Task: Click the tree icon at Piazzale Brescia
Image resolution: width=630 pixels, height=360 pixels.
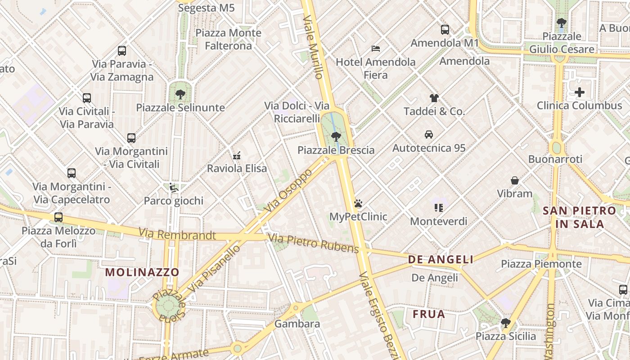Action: click(335, 136)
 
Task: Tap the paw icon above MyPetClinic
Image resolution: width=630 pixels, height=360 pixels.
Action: click(358, 203)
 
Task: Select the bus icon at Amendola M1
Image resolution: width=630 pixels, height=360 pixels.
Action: click(445, 30)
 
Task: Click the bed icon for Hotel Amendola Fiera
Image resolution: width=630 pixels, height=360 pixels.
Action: click(376, 49)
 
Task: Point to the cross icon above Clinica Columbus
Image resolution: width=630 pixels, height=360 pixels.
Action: click(580, 93)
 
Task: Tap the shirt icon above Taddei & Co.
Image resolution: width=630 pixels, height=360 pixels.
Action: click(434, 98)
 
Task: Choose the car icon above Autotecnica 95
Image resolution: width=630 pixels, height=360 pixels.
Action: click(429, 135)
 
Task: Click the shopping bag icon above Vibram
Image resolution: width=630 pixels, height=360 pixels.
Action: click(515, 180)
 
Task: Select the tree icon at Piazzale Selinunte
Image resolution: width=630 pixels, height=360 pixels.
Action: click(180, 94)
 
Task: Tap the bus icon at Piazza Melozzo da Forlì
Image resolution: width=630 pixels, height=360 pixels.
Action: click(58, 217)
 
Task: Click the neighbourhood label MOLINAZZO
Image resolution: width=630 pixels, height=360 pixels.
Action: click(142, 272)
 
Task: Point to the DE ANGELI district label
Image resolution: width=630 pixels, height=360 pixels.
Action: click(441, 260)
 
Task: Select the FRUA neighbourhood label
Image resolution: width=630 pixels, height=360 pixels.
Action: click(429, 314)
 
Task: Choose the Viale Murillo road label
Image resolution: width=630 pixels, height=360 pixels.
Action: click(313, 47)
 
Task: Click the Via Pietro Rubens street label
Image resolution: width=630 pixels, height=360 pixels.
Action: click(314, 243)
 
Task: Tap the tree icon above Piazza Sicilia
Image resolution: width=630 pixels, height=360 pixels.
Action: click(506, 323)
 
